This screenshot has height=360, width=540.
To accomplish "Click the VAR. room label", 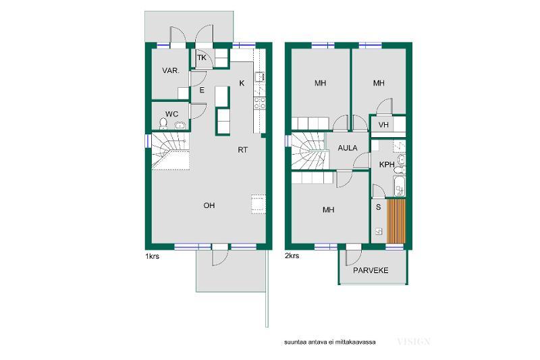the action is click(171, 71).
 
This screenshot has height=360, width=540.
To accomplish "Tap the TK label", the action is click(202, 57).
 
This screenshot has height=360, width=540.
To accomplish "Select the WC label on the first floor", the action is click(171, 114).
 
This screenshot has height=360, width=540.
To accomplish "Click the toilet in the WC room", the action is click(163, 123).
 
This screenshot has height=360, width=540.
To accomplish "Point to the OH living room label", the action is click(209, 205).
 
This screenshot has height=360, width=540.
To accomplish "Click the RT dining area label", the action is click(243, 150).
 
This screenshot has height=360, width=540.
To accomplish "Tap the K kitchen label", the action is click(242, 83).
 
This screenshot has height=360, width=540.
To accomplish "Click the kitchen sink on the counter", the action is click(259, 76).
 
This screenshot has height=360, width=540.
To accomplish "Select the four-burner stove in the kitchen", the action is click(259, 103).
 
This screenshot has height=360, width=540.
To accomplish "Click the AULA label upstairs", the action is click(348, 148).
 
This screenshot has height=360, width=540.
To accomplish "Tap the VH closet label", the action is click(383, 125).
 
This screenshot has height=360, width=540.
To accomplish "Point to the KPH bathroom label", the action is click(387, 165).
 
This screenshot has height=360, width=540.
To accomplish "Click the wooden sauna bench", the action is click(396, 221).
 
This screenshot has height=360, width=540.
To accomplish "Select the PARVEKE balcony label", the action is click(371, 270).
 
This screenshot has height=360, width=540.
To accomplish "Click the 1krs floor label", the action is click(153, 256).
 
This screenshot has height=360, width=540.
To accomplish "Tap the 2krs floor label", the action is click(292, 256).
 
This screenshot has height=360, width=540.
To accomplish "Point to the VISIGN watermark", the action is click(414, 342).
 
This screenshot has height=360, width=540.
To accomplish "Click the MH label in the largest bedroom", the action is click(328, 210).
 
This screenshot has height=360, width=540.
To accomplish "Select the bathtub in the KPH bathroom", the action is click(400, 186).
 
